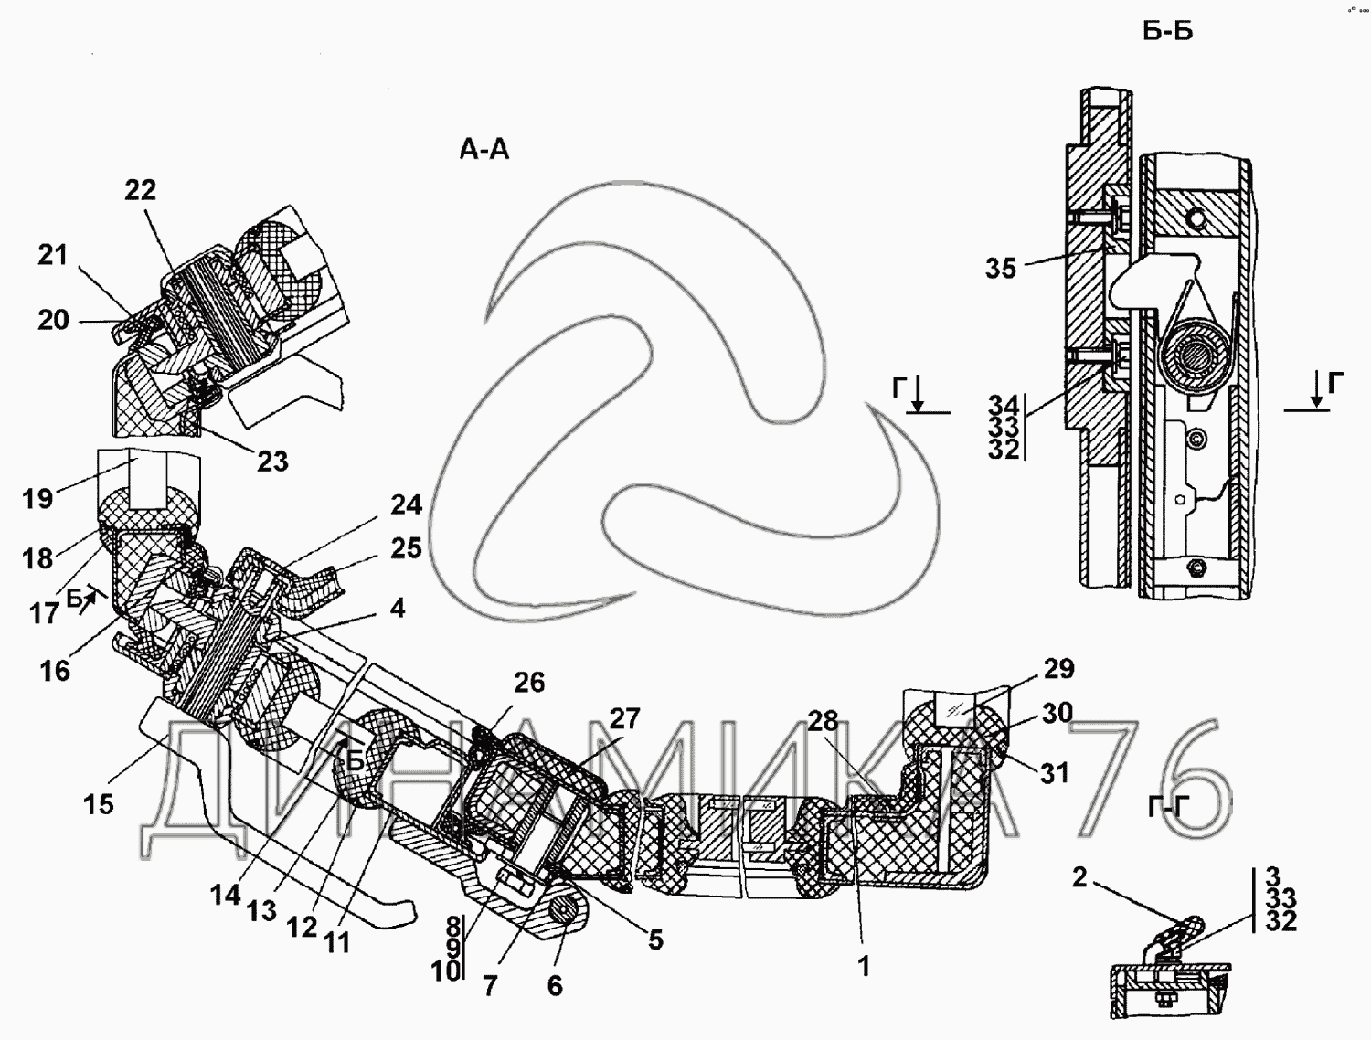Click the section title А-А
point(484,149)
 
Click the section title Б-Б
point(1167,31)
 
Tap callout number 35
point(1001,269)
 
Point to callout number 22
point(140,190)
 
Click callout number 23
point(271,461)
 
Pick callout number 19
point(37,499)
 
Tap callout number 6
point(555,986)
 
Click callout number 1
point(864,966)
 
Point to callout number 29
point(1058,668)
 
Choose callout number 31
point(1054,773)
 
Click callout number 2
point(1079,878)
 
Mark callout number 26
point(528,683)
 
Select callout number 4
point(397,608)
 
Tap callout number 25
point(406,547)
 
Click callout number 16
point(55,671)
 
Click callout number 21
point(52,254)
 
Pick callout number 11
point(337,941)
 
